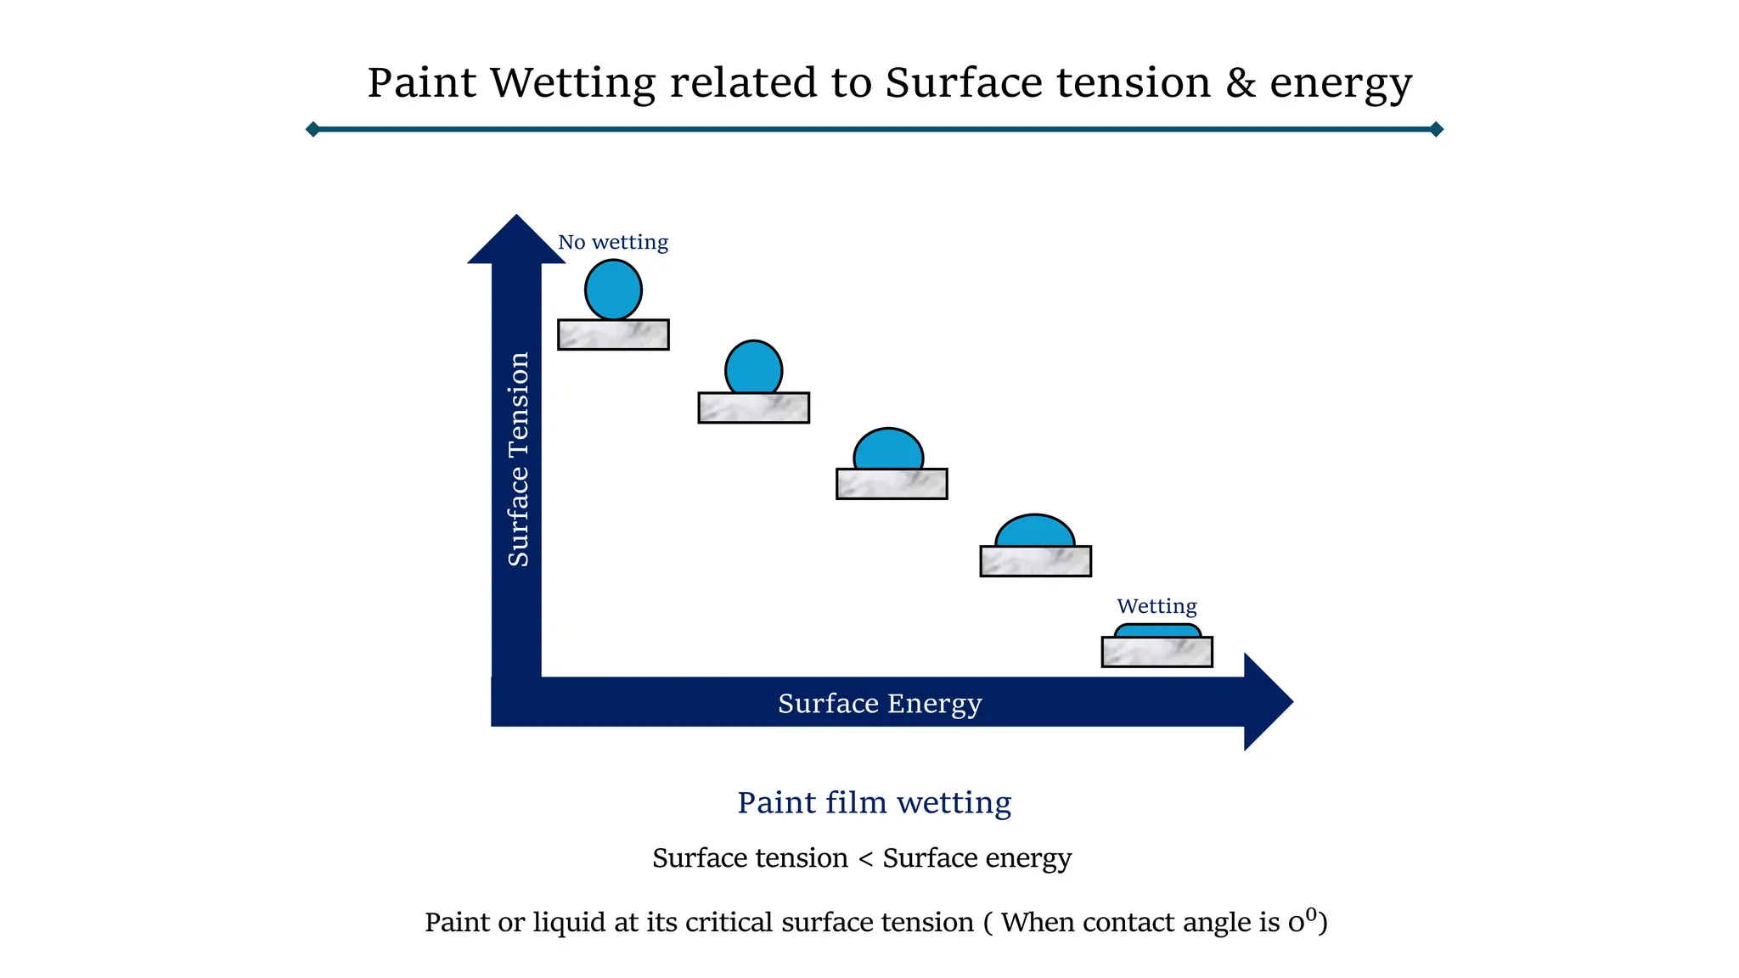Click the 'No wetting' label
tap(613, 242)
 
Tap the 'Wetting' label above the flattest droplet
tap(1157, 606)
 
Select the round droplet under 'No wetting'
tap(613, 289)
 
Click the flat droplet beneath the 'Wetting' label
tap(1157, 631)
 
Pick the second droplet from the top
tap(753, 368)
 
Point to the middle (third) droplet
tap(888, 449)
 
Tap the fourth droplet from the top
tap(1035, 531)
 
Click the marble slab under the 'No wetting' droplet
tap(613, 334)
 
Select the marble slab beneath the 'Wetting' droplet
tap(1157, 652)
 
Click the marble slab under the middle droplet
tap(892, 484)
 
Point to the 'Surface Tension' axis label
tap(518, 459)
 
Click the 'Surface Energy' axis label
tap(880, 704)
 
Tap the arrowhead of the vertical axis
tap(516, 239)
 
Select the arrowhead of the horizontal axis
tap(1269, 702)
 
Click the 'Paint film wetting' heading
tap(875, 802)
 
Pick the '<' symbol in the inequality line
tap(865, 859)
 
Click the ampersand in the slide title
tap(1241, 83)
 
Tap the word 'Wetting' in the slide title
tap(573, 84)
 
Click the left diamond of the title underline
tap(312, 129)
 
